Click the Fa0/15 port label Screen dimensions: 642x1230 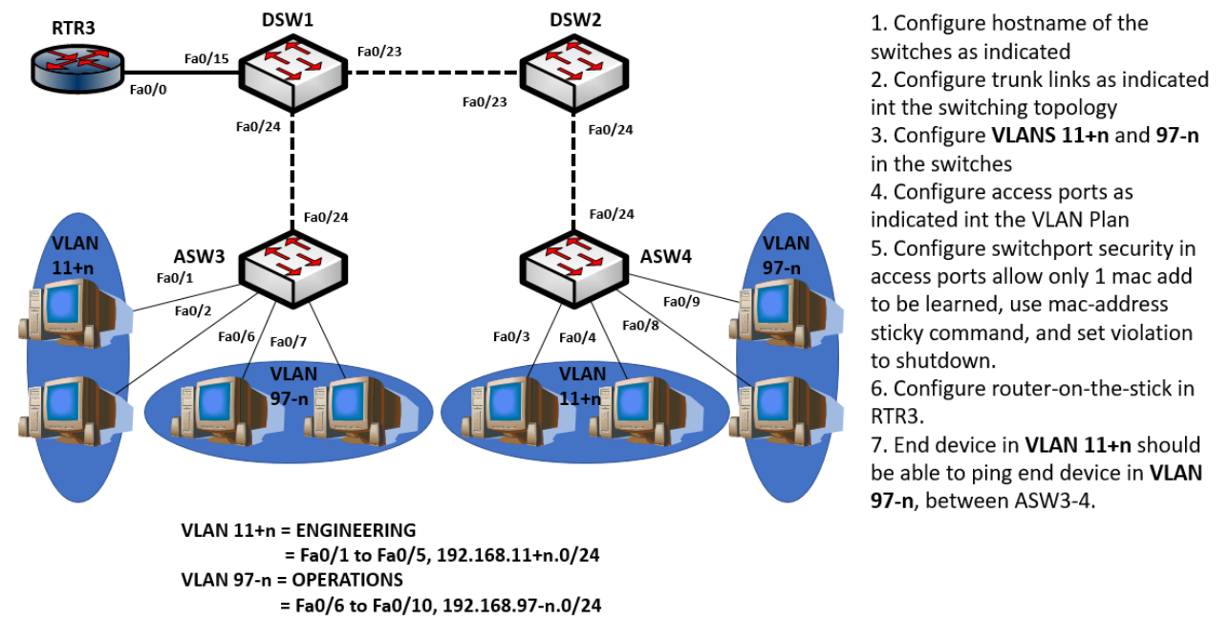(x=206, y=59)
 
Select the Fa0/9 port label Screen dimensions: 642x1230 (x=683, y=302)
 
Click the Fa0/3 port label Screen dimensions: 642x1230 (x=512, y=336)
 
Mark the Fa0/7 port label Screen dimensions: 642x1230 (x=289, y=342)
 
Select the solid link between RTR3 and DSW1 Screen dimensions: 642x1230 (x=182, y=73)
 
